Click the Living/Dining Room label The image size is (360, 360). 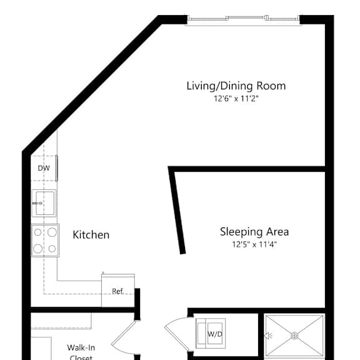(x=236, y=86)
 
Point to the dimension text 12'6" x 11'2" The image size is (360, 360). (x=236, y=98)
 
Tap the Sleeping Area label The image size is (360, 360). (x=254, y=232)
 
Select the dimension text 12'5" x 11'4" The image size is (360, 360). (x=254, y=244)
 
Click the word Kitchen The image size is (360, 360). (x=91, y=235)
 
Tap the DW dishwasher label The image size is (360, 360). (x=44, y=168)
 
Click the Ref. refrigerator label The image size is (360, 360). (x=117, y=291)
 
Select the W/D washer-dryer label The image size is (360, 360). (x=215, y=334)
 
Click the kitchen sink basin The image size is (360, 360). (x=44, y=203)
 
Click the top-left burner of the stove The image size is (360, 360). (x=38, y=232)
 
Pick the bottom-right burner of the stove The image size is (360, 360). (x=52, y=248)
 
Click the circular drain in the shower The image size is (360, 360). (x=294, y=336)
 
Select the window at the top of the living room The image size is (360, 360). (x=244, y=19)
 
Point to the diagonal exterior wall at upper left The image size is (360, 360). (x=91, y=84)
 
